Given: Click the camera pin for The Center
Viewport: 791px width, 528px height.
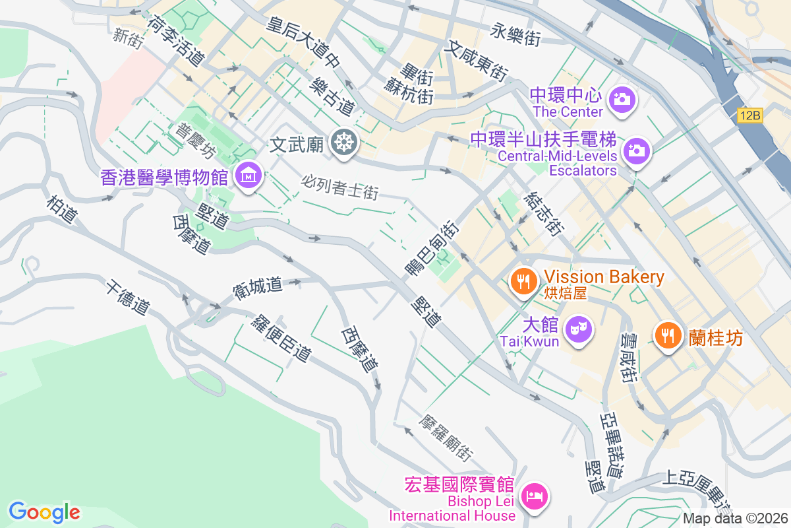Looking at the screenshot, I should (621, 99).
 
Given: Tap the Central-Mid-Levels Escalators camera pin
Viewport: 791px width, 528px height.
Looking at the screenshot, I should (636, 150).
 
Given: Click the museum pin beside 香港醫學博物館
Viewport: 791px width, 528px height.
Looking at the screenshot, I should (249, 176).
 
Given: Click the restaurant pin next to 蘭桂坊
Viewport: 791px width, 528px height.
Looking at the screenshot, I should (668, 336).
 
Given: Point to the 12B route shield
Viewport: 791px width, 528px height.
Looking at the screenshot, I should (750, 115).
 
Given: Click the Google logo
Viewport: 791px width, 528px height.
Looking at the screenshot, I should (44, 511).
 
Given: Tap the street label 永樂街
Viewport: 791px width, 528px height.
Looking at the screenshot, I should (515, 34).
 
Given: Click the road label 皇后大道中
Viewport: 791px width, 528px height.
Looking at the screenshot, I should (304, 44).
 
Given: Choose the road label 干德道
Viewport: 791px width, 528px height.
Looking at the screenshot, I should (127, 296).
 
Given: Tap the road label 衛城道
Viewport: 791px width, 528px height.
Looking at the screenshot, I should (258, 286).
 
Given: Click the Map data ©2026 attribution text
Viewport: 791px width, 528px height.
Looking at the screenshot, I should (735, 519).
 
